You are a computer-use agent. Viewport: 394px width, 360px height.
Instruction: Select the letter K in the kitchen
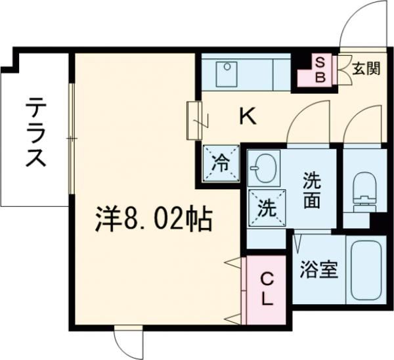pyautogui.click(x=247, y=117)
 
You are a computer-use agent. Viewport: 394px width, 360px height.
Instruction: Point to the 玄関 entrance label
pyautogui.click(x=365, y=68)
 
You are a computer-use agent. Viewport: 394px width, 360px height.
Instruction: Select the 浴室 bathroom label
pyautogui.click(x=319, y=269)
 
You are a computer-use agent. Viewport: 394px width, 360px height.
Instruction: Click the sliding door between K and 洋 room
pyautogui.click(x=194, y=120)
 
